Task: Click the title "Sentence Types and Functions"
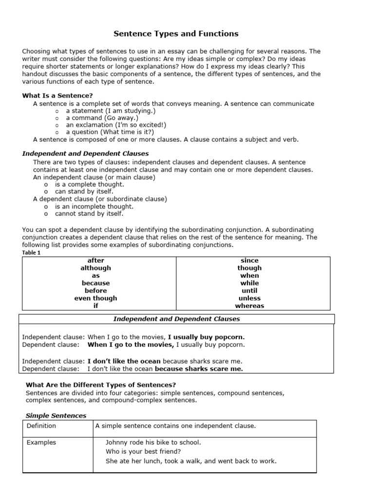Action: pyautogui.click(x=176, y=34)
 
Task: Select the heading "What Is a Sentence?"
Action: pyautogui.click(x=57, y=96)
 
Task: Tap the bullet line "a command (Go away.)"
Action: pyautogui.click(x=102, y=118)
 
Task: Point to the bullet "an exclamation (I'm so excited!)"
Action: pyautogui.click(x=116, y=125)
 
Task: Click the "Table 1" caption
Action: pyautogui.click(x=32, y=252)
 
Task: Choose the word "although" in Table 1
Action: pyautogui.click(x=96, y=268)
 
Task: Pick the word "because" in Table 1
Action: pyautogui.click(x=96, y=283)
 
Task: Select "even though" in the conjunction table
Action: pyautogui.click(x=96, y=298)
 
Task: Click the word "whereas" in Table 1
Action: pyautogui.click(x=250, y=306)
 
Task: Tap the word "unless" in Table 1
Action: pyautogui.click(x=250, y=298)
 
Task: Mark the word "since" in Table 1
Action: pyautogui.click(x=250, y=261)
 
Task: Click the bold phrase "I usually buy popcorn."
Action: pyautogui.click(x=206, y=337)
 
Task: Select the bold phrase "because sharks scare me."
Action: pyautogui.click(x=199, y=369)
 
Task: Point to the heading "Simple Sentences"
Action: pyautogui.click(x=56, y=416)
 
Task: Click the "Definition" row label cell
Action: pyautogui.click(x=41, y=426)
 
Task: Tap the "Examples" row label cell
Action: pyautogui.click(x=41, y=442)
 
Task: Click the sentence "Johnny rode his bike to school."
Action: pyautogui.click(x=153, y=442)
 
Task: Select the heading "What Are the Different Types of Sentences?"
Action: pyautogui.click(x=97, y=385)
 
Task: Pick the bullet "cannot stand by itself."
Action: pyautogui.click(x=89, y=213)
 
